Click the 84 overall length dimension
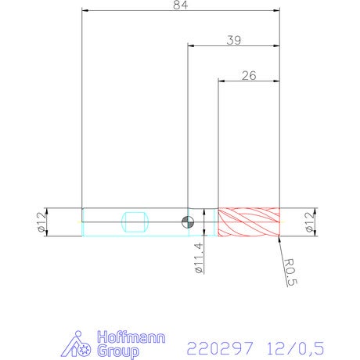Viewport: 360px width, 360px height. point(180,5)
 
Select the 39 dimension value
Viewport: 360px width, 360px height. point(234,41)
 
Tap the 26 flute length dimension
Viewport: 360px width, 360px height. point(249,76)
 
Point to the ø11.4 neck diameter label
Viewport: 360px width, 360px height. point(199,257)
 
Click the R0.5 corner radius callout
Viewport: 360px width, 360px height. point(290,272)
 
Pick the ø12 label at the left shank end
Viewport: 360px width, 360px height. point(41,222)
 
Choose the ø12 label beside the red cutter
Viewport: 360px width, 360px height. point(309,222)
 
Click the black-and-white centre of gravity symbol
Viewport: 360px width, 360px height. point(188,222)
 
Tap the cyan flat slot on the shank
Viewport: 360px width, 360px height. point(135,222)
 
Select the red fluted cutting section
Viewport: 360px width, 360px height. point(249,222)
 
